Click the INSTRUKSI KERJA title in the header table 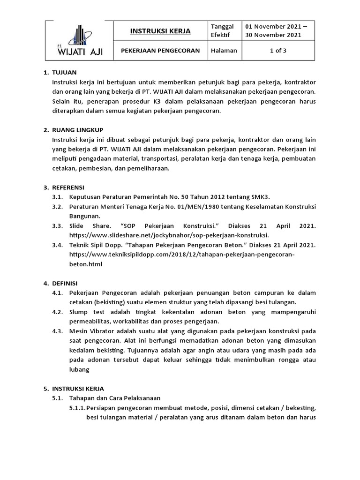[160, 31]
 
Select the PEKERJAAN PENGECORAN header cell [160, 51]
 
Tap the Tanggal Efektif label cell [223, 31]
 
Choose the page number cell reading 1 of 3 [278, 51]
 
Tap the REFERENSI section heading [68, 187]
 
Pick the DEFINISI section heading [65, 283]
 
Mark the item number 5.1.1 [76, 408]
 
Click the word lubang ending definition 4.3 [79, 369]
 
